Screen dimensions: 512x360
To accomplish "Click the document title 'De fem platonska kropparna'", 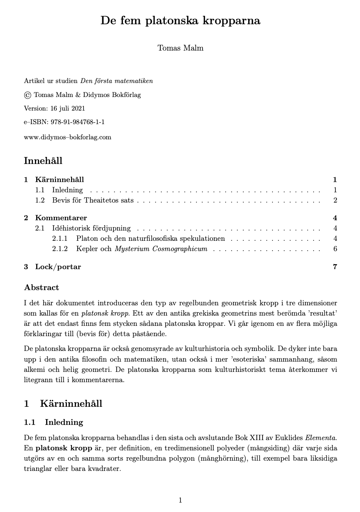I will pos(180,21).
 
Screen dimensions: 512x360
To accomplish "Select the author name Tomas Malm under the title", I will pos(180,48).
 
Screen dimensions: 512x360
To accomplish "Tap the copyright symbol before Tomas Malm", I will pos(28,95).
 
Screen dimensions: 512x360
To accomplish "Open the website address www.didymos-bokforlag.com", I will pos(68,137).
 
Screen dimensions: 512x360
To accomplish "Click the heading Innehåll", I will pos(43,161).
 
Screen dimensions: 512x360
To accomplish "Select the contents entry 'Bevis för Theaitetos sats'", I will pos(92,201).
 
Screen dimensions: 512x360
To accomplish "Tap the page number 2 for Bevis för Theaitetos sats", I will pos(335,201).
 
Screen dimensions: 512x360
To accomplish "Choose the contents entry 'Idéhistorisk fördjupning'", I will pos(91,228).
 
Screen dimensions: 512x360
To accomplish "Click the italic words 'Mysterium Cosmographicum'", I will pos(161,249).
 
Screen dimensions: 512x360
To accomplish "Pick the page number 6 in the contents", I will pos(335,249).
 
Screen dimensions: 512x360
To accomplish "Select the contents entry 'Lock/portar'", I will pos(58,267).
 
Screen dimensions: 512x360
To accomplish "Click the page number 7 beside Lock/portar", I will pos(335,267).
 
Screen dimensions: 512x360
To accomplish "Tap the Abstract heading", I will pos(42,287).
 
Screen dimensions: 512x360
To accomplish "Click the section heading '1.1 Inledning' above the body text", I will pos(53,422).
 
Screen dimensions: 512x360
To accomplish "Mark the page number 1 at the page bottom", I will pos(180,500).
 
